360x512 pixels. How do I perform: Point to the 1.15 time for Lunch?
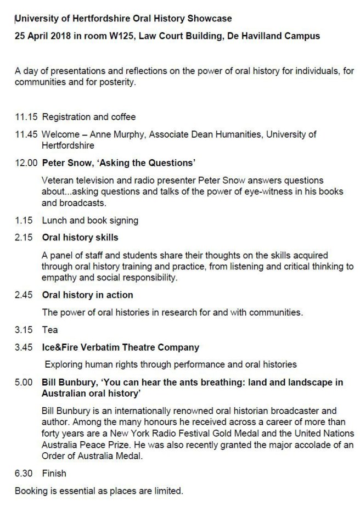pos(24,220)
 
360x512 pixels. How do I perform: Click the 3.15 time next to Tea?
pos(24,330)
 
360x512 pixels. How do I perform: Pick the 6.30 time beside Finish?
pos(24,472)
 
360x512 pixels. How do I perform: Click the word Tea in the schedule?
pos(50,330)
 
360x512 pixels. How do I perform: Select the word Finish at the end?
pos(54,472)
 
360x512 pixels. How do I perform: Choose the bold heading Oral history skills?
pos(80,238)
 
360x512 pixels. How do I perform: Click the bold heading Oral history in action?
pos(87,295)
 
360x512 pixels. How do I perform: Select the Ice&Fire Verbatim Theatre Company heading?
pos(120,347)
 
